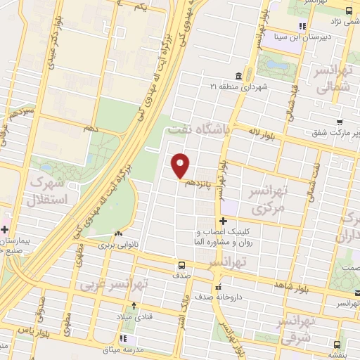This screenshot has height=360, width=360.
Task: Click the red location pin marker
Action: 181,165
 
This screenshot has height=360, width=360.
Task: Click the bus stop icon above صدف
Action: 182,265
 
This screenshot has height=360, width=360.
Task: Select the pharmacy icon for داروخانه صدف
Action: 218,286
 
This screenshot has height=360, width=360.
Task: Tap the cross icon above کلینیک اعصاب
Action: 223,221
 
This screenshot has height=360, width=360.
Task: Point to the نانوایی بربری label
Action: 115,245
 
